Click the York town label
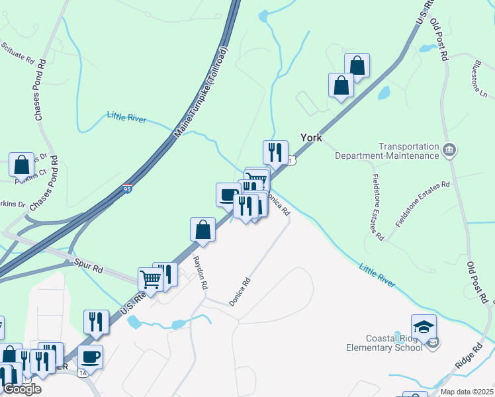(x=310, y=138)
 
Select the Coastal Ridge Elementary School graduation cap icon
(x=424, y=326)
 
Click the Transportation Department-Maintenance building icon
(x=449, y=150)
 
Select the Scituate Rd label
(x=18, y=54)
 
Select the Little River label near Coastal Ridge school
(x=377, y=275)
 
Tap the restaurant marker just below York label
(x=275, y=152)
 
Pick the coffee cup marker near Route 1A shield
(x=90, y=357)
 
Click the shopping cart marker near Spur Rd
(x=150, y=279)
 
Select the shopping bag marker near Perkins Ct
(x=21, y=165)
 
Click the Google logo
(x=22, y=389)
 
